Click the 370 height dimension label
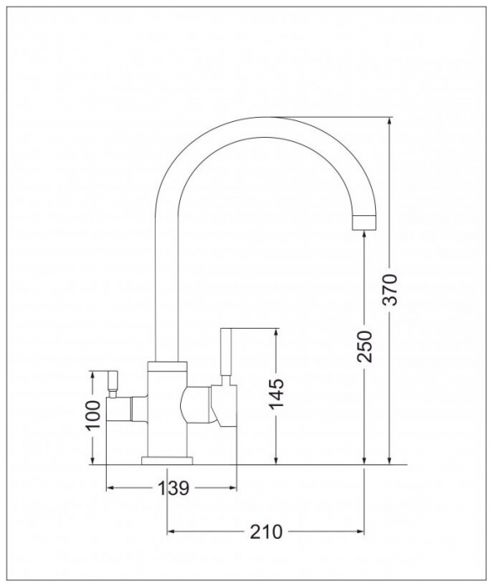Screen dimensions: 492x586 coord(390,290)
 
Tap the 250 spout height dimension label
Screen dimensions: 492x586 coord(364,346)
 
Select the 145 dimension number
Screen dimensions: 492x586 coord(277,394)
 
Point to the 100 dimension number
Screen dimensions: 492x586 coord(93,415)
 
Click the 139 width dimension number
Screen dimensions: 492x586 coord(173,488)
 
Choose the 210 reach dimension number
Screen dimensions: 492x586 coord(267,532)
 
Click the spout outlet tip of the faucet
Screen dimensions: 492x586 coord(364,223)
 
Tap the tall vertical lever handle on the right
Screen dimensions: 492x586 coord(226,352)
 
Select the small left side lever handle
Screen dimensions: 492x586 coord(112,381)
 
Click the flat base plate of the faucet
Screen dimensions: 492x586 coord(167,461)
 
